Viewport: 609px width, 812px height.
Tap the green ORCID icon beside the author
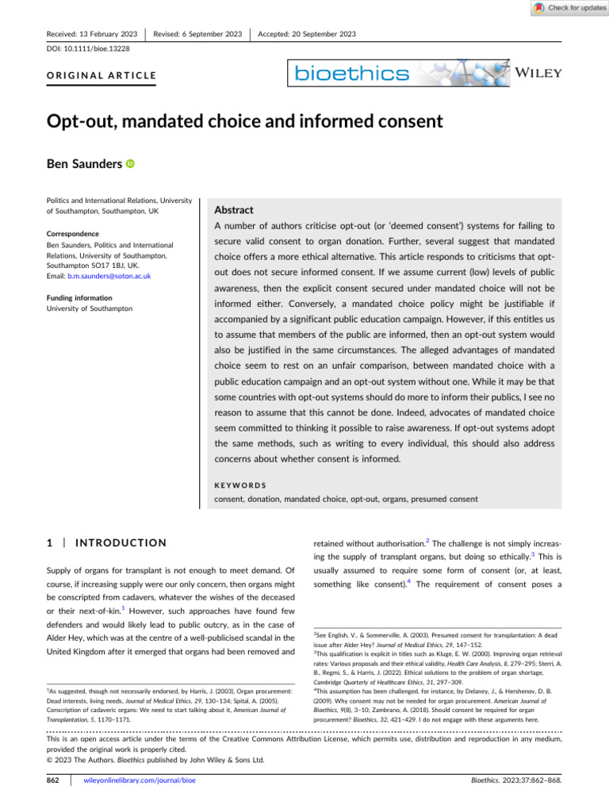pos(130,164)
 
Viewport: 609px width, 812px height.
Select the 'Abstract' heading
pos(234,210)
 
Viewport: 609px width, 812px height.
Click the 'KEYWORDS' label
pos(240,484)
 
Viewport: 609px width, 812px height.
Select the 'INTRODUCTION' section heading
pos(119,542)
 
